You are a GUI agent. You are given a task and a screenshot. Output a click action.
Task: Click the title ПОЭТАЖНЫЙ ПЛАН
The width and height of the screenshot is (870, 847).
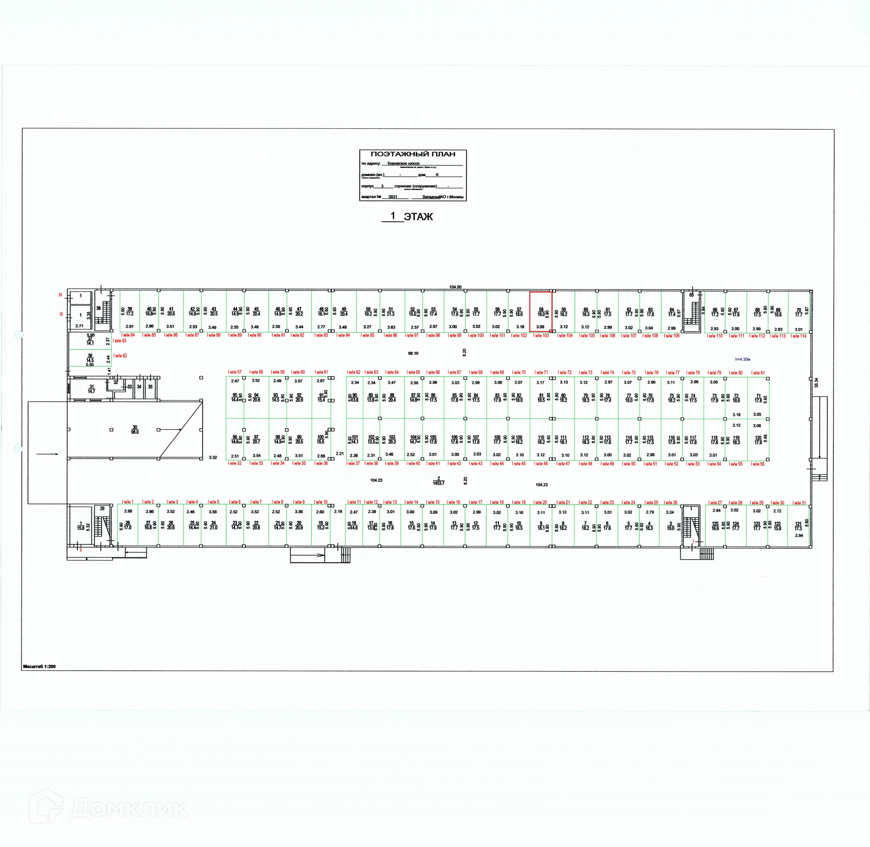pyautogui.click(x=413, y=154)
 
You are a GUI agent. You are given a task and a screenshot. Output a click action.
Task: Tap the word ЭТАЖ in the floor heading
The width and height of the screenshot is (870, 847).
pyautogui.click(x=418, y=217)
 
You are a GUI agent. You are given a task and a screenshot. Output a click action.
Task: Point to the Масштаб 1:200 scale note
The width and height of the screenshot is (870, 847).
pyautogui.click(x=39, y=666)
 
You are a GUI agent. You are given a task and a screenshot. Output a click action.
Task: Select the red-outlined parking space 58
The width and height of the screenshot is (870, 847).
pyautogui.click(x=541, y=311)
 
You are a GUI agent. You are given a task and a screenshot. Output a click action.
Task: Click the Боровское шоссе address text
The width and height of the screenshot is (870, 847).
pyautogui.click(x=403, y=164)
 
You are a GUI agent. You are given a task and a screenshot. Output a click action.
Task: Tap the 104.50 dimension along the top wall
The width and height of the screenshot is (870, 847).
pyautogui.click(x=455, y=287)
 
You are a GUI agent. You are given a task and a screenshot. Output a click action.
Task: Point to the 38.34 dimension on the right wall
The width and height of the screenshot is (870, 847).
pyautogui.click(x=817, y=382)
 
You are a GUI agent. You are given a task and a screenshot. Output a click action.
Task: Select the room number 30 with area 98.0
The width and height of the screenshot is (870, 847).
pyautogui.click(x=135, y=430)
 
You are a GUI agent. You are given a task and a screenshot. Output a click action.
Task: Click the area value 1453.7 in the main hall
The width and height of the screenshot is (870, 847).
pyautogui.click(x=438, y=483)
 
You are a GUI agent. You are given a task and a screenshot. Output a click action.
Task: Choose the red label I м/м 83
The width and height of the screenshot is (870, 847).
pyautogui.click(x=120, y=341)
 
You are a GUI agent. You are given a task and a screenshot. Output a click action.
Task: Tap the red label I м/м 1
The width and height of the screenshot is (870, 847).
pyautogui.click(x=128, y=502)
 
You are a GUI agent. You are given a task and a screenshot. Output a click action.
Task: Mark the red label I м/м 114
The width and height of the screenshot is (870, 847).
pyautogui.click(x=798, y=336)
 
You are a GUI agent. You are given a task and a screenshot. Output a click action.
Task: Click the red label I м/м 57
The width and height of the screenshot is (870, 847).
pyautogui.click(x=235, y=372)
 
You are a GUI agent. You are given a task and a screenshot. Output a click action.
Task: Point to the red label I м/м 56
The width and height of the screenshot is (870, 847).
pyautogui.click(x=758, y=464)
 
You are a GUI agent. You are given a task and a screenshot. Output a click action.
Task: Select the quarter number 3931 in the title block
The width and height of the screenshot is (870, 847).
pyautogui.click(x=392, y=197)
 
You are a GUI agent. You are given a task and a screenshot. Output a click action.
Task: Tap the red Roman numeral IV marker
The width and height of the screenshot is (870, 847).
pyautogui.click(x=60, y=295)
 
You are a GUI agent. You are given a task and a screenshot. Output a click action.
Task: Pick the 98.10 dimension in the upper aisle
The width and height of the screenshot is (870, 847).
pyautogui.click(x=413, y=353)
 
